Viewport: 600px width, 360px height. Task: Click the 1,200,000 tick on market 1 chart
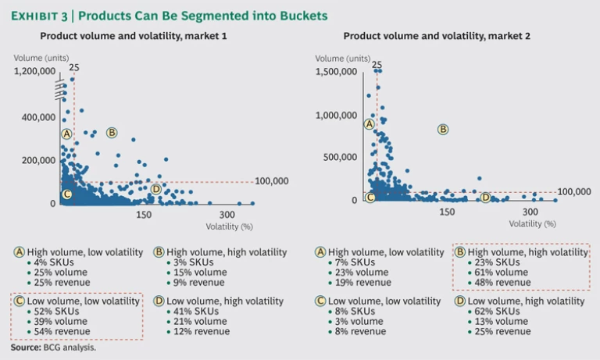point(34,71)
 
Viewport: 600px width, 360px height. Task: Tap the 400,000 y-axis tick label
point(39,117)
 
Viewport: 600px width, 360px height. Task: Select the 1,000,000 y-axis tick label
point(336,116)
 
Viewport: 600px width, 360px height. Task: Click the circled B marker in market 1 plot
point(112,133)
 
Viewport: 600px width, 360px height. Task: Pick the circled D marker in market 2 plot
point(485,198)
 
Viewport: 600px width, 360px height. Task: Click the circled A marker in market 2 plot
point(370,124)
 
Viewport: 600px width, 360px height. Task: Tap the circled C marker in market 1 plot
point(66,194)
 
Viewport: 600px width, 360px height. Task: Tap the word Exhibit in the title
point(37,16)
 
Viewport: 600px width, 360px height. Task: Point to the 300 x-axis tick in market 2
point(530,212)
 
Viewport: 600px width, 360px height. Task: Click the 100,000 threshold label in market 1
point(272,181)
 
